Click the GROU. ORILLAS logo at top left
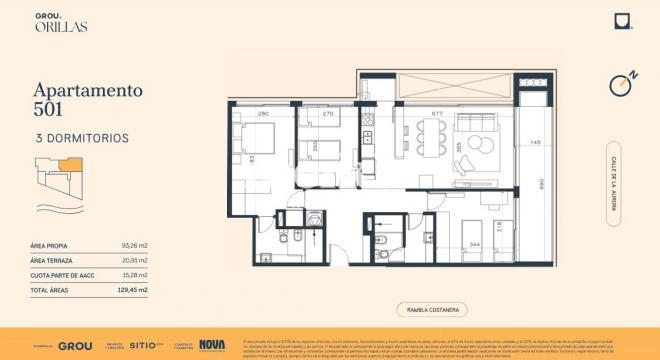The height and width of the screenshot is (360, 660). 61,21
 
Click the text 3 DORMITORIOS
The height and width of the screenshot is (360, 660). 81,138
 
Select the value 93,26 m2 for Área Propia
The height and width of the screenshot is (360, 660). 134,245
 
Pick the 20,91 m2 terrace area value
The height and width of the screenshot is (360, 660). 134,260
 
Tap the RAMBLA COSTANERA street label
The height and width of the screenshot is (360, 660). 432,310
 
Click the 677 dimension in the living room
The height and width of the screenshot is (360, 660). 437,114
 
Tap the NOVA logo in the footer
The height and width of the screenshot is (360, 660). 212,345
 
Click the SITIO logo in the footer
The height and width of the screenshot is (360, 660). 143,345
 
